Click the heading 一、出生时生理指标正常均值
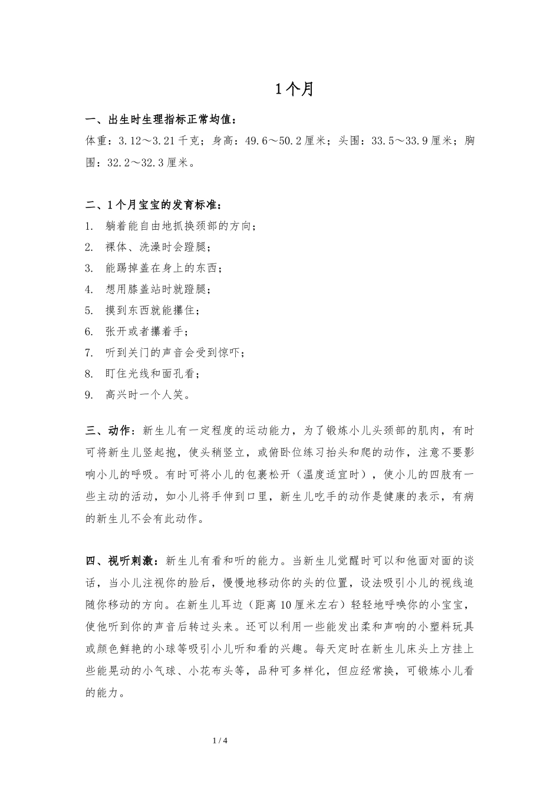160,120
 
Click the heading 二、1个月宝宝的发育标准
154,205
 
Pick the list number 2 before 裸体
89,247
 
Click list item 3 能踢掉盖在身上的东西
163,268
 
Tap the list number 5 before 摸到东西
89,311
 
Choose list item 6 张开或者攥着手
147,332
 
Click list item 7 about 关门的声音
174,353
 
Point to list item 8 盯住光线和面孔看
152,374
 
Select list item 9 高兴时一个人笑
147,395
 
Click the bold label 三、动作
110,431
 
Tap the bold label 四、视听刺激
122,560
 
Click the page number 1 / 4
220,741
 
